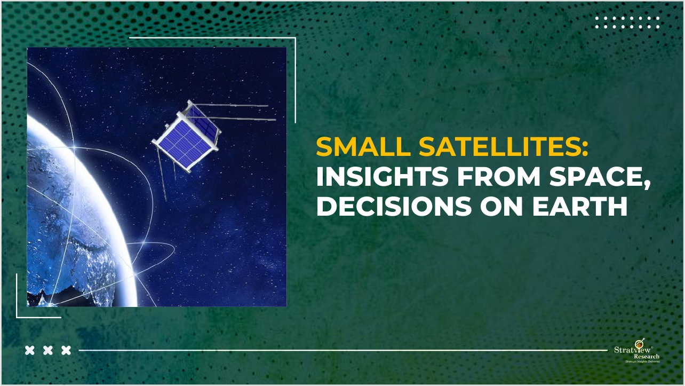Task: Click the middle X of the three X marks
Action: [48, 350]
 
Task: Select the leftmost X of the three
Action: [30, 350]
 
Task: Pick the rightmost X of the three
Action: [66, 350]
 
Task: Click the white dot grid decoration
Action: [627, 22]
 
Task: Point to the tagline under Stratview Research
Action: [642, 361]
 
